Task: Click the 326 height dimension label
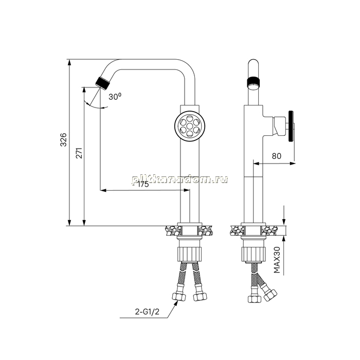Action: point(63,139)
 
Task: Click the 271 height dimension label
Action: point(79,153)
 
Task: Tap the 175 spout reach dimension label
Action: point(143,184)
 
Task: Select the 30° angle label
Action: point(115,97)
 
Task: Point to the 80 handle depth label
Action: point(277,156)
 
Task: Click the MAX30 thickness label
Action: point(277,260)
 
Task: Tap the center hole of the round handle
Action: point(190,126)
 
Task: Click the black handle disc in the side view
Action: point(291,126)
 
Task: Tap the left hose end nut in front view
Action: point(179,297)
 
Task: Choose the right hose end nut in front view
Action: point(200,297)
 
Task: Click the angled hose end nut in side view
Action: point(270,295)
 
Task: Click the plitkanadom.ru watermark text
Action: point(180,179)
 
